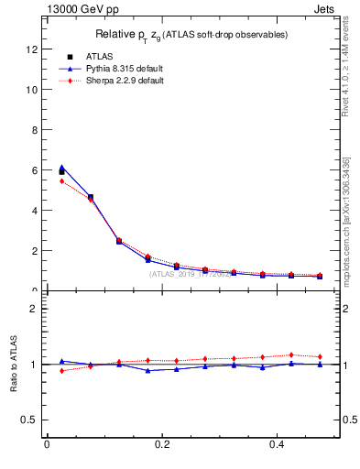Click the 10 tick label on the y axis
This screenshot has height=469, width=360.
[x=33, y=90]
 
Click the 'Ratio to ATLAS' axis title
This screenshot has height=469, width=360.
[x=14, y=365]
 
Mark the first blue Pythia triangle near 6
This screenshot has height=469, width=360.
[x=61, y=168]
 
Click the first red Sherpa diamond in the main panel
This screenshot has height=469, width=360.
[x=61, y=181]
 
